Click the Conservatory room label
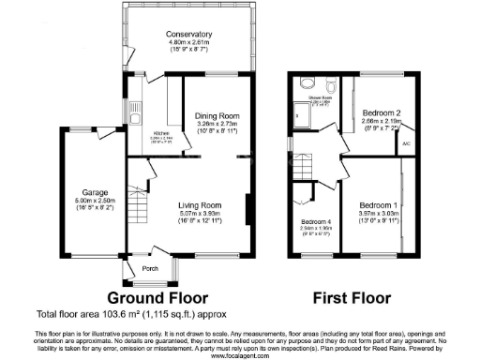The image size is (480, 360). click(190, 35)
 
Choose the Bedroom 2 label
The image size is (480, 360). click(376, 112)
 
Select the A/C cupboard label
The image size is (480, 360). click(406, 144)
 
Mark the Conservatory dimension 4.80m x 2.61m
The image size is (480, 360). click(190, 43)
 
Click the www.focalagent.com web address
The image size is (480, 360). click(239, 354)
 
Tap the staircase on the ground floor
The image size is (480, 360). click(142, 202)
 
